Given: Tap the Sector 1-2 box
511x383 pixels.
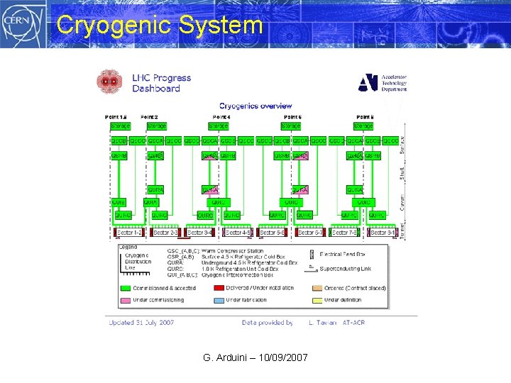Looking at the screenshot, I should click(x=129, y=232).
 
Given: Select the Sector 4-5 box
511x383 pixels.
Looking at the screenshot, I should click(x=238, y=232).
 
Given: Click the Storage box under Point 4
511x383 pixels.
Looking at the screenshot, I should click(x=219, y=126).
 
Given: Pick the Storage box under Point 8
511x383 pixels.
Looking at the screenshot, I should click(x=363, y=126).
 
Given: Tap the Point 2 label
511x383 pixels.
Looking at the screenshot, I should click(x=149, y=116).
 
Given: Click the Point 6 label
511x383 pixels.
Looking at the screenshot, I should click(x=292, y=116).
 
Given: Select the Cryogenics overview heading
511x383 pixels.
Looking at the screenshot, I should click(x=255, y=106).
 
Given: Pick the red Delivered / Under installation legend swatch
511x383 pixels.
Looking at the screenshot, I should click(x=215, y=287).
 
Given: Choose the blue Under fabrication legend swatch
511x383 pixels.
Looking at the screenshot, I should click(x=215, y=299).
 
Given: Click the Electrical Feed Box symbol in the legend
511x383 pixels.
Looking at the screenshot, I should click(x=312, y=252).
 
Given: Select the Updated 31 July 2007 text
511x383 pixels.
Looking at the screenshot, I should click(x=141, y=323).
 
